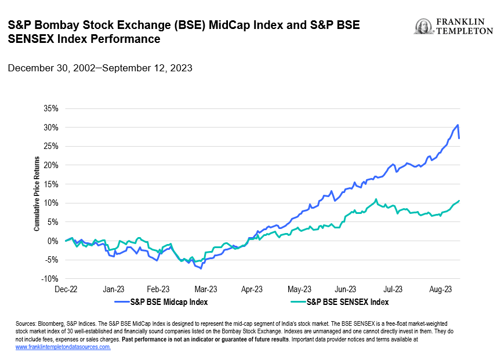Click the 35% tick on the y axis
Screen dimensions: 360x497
(50, 108)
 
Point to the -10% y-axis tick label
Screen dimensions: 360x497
(49, 278)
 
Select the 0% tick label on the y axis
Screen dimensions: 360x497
(53, 241)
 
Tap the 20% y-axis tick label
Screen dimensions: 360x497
(50, 165)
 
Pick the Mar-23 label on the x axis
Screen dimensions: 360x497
(205, 288)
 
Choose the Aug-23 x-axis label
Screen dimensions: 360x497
(441, 288)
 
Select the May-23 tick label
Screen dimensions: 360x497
(299, 288)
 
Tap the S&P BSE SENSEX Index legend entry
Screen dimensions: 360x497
(347, 301)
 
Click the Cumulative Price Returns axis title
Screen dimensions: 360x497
(37, 194)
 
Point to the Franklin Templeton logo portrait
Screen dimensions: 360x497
(423, 27)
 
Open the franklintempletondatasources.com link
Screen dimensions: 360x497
(63, 347)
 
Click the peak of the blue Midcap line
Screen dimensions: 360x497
(458, 125)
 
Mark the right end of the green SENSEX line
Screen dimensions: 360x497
(459, 201)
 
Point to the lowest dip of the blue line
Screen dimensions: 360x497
(201, 268)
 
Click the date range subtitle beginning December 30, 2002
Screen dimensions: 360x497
(100, 68)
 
